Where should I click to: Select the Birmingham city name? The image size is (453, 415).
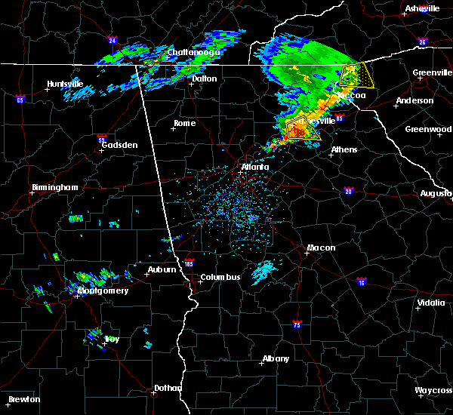point(55,187)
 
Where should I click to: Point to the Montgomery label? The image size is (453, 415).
point(103,290)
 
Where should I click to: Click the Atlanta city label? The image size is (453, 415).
point(254,167)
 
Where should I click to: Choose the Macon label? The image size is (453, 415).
point(321,247)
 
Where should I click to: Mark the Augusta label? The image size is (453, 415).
point(436,193)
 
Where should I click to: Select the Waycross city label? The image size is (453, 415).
point(433,390)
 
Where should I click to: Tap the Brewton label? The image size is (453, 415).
point(24,399)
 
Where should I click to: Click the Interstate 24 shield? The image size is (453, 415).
point(112,40)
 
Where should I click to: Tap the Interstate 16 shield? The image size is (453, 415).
point(361,281)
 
